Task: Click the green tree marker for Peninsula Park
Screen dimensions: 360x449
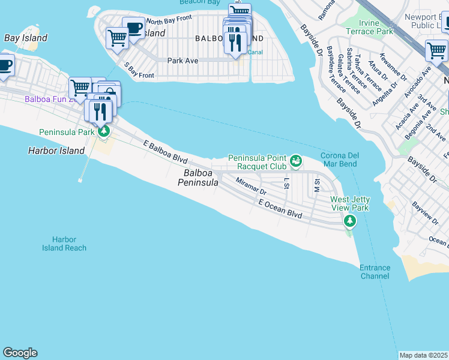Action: coord(104,131)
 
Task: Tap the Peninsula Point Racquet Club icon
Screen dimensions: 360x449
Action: coord(295,160)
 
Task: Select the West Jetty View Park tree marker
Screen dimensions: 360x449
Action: coord(349,222)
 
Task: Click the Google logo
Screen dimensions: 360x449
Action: coord(20,353)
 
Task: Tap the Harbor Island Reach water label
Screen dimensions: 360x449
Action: coord(64,244)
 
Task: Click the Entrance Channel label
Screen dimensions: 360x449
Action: coord(375,272)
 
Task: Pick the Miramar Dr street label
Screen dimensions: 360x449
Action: coord(251,187)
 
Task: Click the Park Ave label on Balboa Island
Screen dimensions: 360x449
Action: coord(183,61)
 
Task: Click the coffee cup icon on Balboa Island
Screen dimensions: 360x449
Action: coord(133,28)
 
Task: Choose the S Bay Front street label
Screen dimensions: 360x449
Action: coord(139,70)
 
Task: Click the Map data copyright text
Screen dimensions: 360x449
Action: coord(424,355)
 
